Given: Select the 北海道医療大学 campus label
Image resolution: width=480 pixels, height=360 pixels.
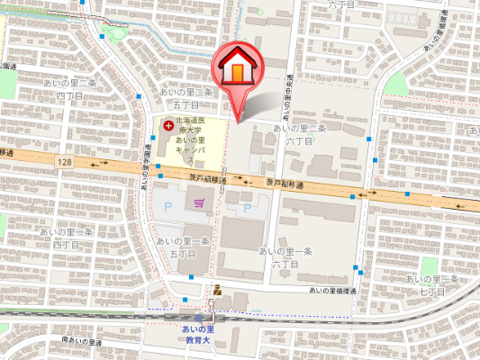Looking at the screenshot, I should pyautogui.click(x=191, y=140).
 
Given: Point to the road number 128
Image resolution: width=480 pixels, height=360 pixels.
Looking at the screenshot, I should pyautogui.click(x=61, y=160).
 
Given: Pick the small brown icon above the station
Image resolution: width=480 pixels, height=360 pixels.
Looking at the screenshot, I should pyautogui.click(x=217, y=290).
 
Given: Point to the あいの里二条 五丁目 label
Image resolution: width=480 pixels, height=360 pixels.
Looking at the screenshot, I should pyautogui.click(x=185, y=98).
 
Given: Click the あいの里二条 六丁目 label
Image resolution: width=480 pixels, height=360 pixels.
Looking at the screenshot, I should pyautogui.click(x=298, y=134).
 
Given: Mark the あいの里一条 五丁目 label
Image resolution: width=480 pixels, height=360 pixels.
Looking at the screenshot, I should pyautogui.click(x=183, y=247).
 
